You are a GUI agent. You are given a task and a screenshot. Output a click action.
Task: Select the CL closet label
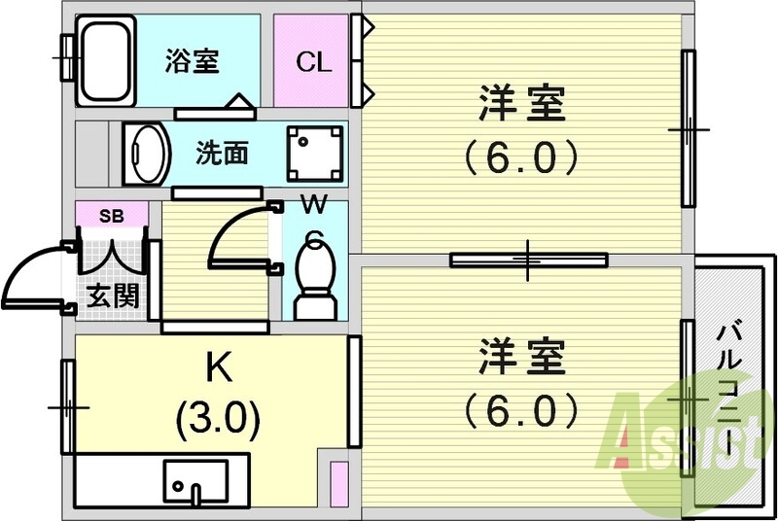tap(313, 63)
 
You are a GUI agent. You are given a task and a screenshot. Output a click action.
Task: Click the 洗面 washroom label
tap(222, 153)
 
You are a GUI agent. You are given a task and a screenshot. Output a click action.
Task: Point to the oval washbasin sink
tap(148, 152)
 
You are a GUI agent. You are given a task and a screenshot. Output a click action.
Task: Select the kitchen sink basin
tap(195, 478)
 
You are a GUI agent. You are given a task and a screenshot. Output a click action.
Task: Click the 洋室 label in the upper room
tap(521, 105)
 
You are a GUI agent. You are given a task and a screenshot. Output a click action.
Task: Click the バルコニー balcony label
tap(728, 389)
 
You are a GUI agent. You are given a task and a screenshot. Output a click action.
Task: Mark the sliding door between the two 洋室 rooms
tap(528, 260)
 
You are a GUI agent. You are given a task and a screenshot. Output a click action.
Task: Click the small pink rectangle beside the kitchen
tap(339, 483)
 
